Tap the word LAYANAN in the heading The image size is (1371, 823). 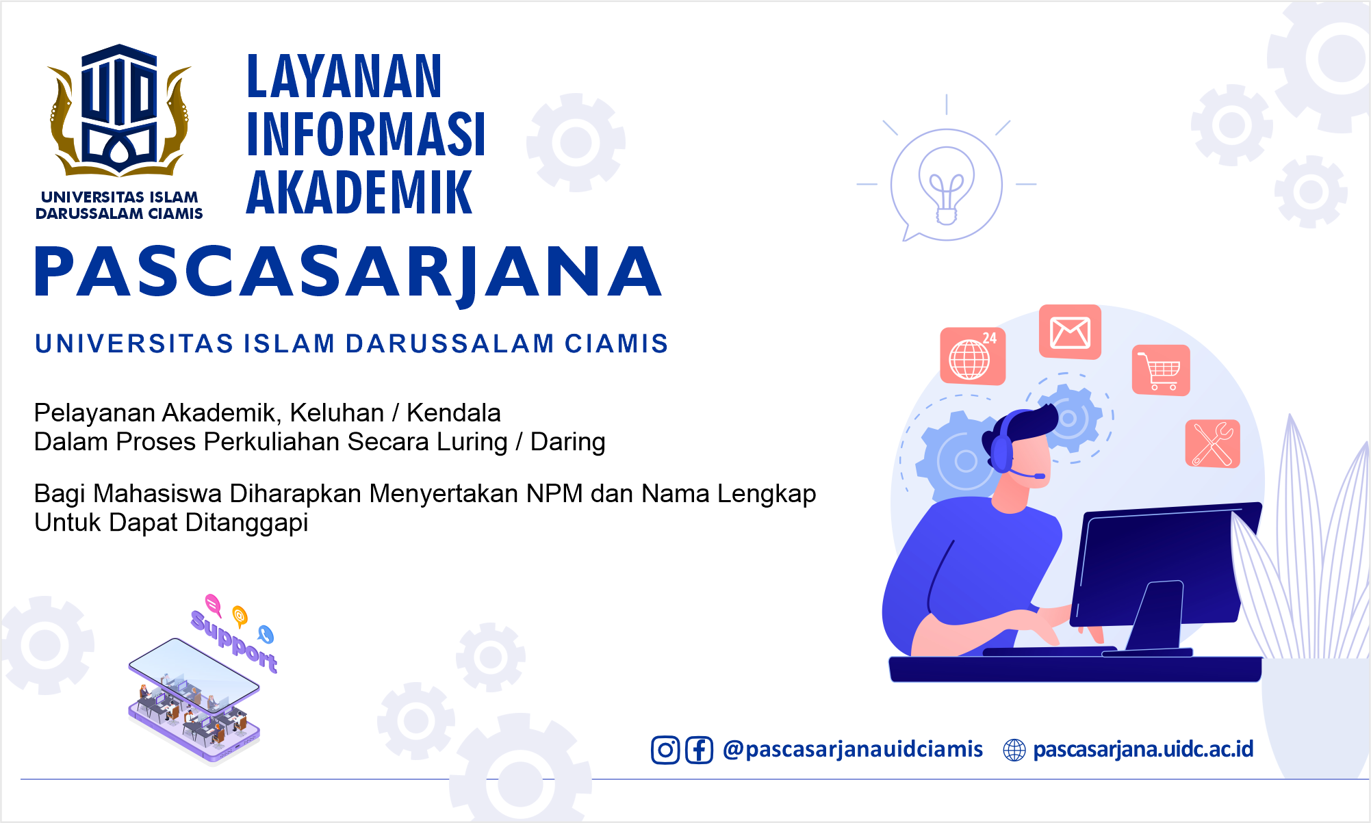pos(344,77)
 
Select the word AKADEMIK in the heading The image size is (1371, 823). pos(359,193)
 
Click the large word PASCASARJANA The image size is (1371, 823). pos(348,273)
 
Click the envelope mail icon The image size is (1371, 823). pos(1070,332)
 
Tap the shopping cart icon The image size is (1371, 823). pos(1161,370)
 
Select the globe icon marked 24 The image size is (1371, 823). pos(973,356)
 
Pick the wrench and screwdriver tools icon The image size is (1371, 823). pos(1213,444)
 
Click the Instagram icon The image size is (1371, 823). pos(665,750)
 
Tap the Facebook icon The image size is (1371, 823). pos(699,750)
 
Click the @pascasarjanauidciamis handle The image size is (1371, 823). pos(853,750)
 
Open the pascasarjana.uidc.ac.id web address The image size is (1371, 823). pos(1143,750)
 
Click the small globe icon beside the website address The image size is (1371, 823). pos(1014,750)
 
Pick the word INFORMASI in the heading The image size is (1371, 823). pos(366,135)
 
